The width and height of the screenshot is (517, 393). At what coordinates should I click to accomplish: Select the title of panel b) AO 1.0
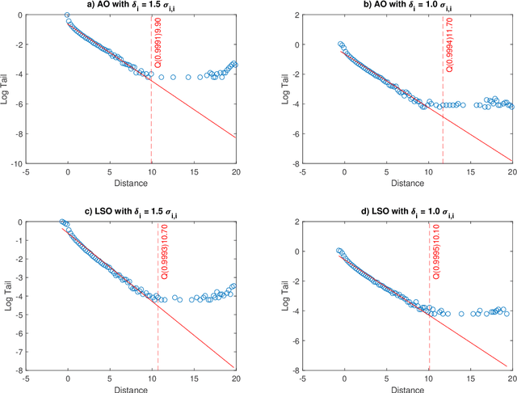[x=406, y=6]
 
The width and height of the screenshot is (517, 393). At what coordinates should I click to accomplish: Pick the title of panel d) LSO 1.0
[x=406, y=212]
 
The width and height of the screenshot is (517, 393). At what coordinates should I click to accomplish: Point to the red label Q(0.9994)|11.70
[x=449, y=49]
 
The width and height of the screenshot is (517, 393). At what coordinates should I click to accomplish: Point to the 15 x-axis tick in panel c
[x=195, y=378]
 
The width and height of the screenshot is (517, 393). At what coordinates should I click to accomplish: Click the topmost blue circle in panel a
[x=66, y=15]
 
